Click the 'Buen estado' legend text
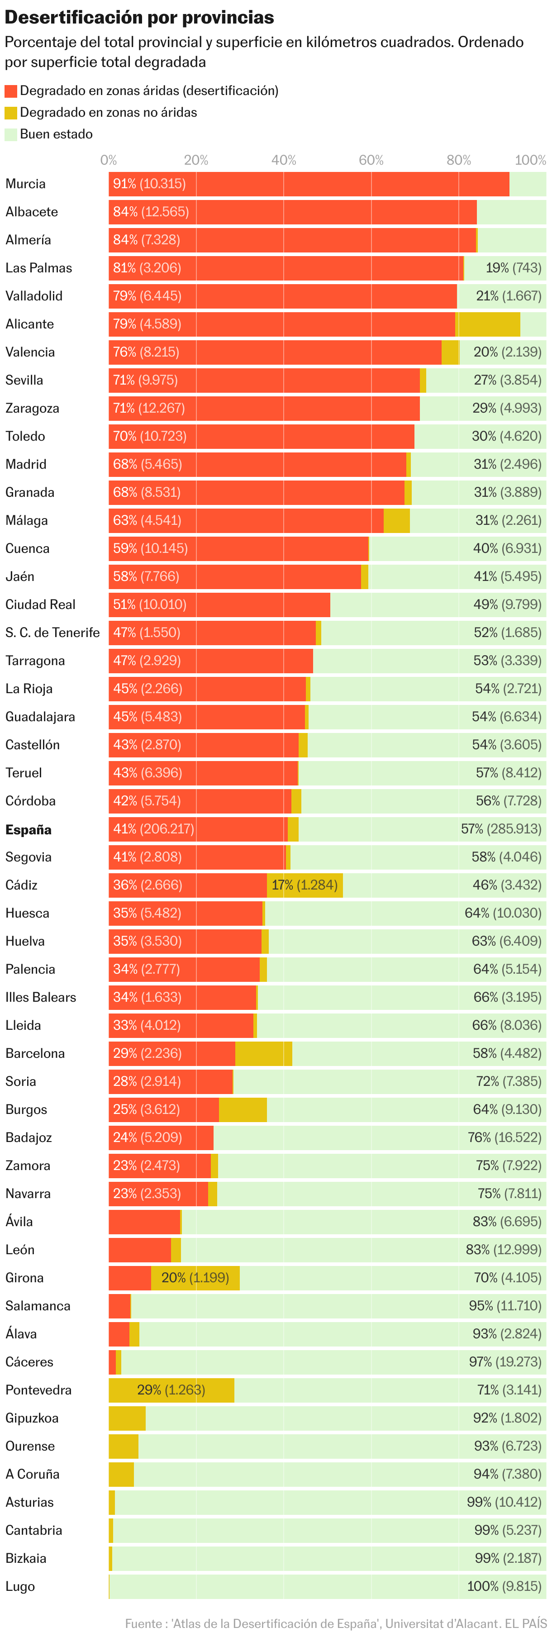pos(56,134)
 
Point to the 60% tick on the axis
pos(371,160)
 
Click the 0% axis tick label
pos(109,160)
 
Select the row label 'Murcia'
pos(25,184)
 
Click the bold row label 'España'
pos(28,830)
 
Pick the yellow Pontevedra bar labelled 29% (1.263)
pos(171,1390)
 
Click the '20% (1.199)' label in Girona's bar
pos(195,1277)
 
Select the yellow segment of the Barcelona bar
pos(264,1053)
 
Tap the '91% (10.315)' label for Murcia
pos(149,184)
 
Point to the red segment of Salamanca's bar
pos(119,1306)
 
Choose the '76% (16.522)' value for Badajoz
pos(504,1137)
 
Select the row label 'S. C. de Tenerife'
pos(53,633)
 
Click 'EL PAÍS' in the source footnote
pos(525,1624)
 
